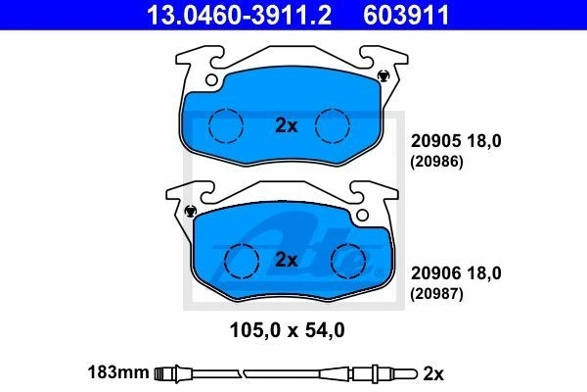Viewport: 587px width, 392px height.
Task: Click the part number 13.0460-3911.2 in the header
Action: [240, 15]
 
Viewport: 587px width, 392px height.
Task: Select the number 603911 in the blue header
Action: [406, 15]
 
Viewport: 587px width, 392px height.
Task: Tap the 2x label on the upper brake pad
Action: [287, 125]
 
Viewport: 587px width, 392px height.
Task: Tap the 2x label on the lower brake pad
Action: [287, 260]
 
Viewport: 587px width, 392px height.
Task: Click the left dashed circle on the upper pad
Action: [226, 125]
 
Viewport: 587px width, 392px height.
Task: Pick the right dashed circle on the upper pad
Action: [333, 125]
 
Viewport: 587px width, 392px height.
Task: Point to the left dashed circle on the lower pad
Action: [242, 261]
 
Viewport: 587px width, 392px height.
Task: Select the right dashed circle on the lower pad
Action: [348, 261]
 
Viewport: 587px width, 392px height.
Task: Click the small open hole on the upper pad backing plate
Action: [211, 80]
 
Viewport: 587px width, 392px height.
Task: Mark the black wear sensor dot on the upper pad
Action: [383, 75]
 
